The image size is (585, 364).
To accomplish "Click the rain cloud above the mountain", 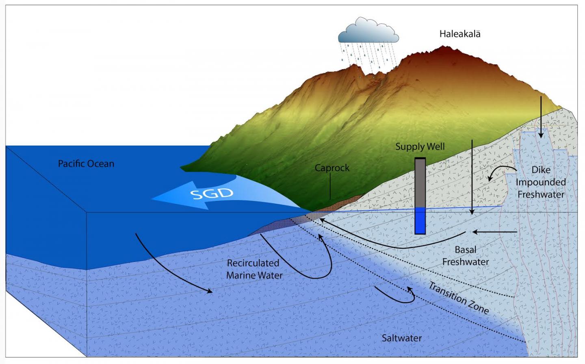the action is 368,32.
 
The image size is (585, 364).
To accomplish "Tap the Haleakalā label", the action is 459,34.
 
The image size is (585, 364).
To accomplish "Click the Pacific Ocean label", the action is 86,163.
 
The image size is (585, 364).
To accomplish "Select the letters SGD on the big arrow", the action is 212,194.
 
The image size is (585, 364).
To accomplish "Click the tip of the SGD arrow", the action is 154,199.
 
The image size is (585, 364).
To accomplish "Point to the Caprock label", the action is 332,168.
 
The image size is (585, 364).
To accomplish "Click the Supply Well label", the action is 420,146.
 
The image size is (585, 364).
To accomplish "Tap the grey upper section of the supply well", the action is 420,183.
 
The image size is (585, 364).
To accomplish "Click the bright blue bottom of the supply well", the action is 420,220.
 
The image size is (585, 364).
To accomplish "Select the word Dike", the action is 541,170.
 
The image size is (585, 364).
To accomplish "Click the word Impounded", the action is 541,182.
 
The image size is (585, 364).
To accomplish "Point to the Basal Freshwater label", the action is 465,255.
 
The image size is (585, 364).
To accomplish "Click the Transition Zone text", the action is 458,298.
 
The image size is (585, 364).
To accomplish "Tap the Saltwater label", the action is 401,338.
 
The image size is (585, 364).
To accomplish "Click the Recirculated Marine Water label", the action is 254,269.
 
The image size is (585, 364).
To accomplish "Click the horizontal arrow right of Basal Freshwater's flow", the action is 494,232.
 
